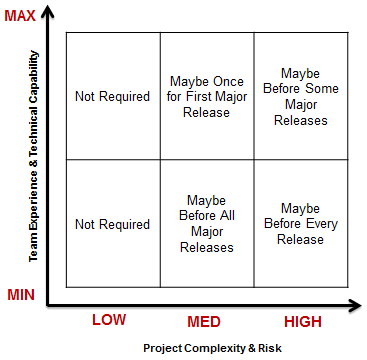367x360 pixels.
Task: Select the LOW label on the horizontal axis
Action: click(110, 320)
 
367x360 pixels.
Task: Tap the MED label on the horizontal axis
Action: click(209, 320)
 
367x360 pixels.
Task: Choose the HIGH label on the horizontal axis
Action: click(304, 320)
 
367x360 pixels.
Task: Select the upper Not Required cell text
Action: click(112, 97)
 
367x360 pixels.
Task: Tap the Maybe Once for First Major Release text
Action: click(209, 97)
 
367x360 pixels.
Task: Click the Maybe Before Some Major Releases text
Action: click(304, 97)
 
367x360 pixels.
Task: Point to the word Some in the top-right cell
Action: click(323, 89)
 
